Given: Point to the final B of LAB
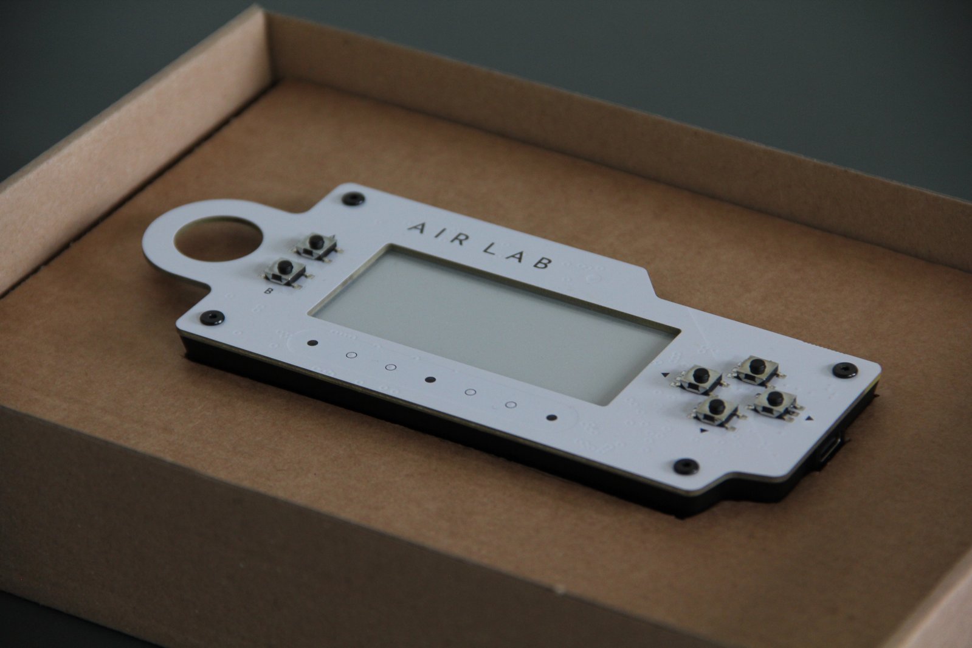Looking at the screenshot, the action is pyautogui.click(x=543, y=262).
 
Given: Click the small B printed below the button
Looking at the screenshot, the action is pyautogui.click(x=267, y=291).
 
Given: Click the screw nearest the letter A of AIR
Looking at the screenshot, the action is pyautogui.click(x=353, y=199).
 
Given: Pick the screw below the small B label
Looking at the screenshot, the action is pyautogui.click(x=213, y=317).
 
